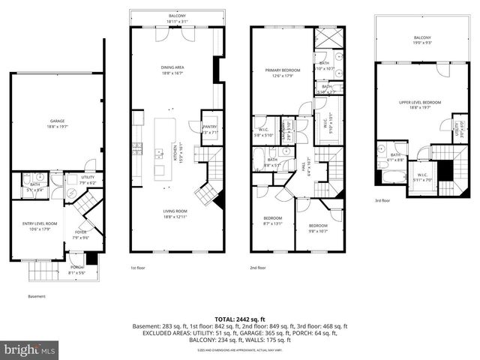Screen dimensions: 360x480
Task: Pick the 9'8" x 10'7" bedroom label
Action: tap(318, 227)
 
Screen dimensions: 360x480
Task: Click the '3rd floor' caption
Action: tap(382, 201)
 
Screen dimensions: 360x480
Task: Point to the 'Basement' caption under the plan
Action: tap(36, 296)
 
